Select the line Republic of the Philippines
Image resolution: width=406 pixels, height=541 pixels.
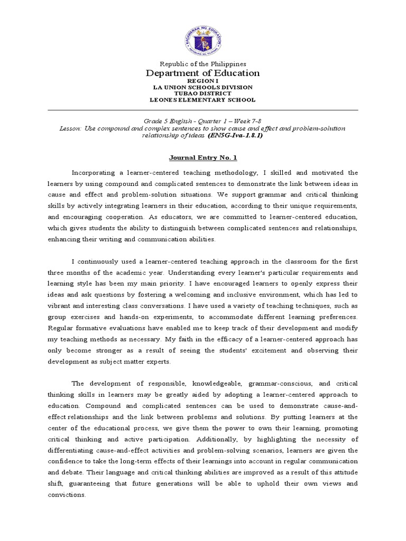click(203, 63)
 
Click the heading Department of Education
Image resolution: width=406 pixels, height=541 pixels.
click(203, 73)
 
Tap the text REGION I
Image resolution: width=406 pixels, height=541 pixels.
click(203, 81)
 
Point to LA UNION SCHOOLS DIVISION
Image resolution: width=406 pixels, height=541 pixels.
click(203, 87)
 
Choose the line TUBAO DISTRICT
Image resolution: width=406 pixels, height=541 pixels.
click(203, 94)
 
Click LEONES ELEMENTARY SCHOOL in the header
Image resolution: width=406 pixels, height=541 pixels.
click(203, 100)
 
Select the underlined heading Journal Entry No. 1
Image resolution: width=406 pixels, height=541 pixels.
click(203, 157)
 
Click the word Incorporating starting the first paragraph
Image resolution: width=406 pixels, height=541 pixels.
click(97, 173)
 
